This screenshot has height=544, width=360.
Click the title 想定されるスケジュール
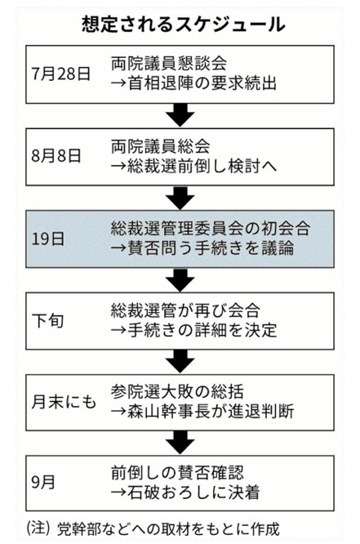(x=184, y=25)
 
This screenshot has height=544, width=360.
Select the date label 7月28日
(x=61, y=74)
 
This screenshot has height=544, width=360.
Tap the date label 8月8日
(x=56, y=156)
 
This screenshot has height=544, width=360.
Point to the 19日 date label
(x=48, y=239)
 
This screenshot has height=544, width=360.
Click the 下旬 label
(x=48, y=320)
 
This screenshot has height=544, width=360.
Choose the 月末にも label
(x=64, y=402)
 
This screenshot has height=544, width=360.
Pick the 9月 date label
(x=43, y=482)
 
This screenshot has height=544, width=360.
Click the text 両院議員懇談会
(x=169, y=64)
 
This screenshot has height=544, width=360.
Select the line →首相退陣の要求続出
(x=193, y=83)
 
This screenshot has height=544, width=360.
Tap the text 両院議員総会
(x=161, y=146)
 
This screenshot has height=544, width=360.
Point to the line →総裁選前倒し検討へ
(x=193, y=166)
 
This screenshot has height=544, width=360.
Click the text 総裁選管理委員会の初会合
(x=211, y=228)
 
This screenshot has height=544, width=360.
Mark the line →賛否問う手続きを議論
(x=202, y=248)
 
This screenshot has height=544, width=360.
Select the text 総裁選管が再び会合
(x=185, y=310)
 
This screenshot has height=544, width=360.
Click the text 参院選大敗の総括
(x=177, y=392)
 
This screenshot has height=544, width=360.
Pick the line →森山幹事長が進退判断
(x=202, y=412)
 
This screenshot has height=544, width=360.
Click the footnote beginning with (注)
(x=153, y=528)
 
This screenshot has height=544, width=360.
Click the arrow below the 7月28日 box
(x=180, y=115)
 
